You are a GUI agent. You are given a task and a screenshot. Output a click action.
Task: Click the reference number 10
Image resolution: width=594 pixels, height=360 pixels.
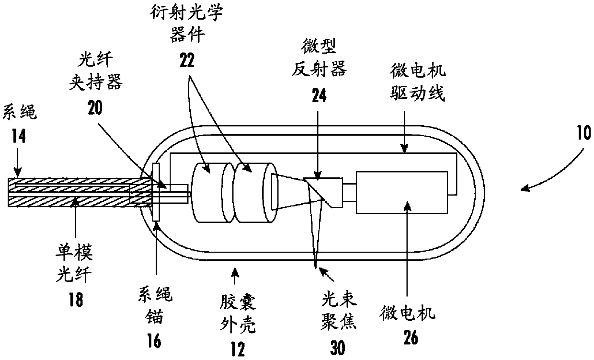pos(583,133)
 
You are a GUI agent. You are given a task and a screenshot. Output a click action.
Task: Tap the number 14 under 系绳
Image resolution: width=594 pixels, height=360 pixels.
pos(19,136)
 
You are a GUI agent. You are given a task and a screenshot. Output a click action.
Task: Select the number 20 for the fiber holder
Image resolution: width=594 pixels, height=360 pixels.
pos(95,108)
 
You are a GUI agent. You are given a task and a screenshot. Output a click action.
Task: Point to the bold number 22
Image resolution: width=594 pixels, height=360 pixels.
pos(187,60)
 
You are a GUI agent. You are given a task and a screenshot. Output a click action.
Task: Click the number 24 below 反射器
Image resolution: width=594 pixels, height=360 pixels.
pos(319,95)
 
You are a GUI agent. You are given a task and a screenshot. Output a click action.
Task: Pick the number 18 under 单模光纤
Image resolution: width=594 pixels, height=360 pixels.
pos(76,300)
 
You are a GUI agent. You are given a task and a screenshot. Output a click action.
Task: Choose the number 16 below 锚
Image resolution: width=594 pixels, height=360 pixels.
pos(155,341)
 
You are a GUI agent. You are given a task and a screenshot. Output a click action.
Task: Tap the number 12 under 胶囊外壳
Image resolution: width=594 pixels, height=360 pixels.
pos(238,349)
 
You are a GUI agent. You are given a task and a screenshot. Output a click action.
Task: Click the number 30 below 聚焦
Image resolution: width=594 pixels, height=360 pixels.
pos(338,348)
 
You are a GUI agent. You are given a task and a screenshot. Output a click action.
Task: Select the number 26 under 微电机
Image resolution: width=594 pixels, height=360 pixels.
pos(411,337)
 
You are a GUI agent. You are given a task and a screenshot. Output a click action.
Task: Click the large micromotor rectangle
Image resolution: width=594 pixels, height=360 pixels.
pos(402,192)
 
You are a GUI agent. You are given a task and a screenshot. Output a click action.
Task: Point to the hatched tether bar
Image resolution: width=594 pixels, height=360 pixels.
pos(80,192)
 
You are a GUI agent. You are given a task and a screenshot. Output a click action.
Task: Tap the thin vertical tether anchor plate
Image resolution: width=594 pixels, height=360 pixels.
pos(156,192)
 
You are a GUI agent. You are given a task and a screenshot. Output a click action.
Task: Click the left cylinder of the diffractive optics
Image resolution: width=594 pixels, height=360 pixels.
pos(211,192)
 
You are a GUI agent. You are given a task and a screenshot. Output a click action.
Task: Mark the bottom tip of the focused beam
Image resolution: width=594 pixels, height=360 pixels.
pos(316,268)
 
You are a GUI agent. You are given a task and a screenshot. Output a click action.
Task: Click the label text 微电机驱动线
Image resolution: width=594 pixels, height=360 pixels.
pos(418,82)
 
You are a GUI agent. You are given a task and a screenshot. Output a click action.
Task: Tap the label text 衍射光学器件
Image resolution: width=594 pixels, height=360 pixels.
pos(187,23)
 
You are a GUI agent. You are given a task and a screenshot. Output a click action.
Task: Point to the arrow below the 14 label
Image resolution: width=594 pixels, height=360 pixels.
pos(18,163)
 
